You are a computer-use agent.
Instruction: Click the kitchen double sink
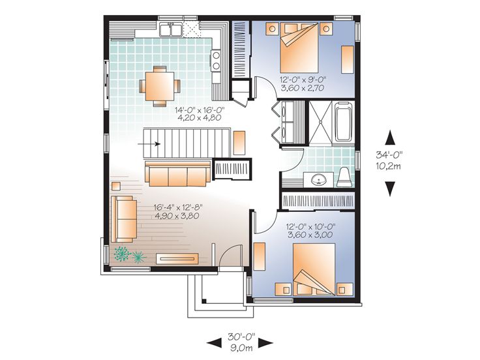170,29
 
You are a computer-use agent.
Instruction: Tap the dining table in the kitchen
160,86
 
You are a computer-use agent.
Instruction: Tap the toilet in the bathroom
344,177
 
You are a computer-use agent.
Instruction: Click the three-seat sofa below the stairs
177,173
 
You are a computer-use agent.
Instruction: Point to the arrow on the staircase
149,143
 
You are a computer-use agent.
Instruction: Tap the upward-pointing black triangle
390,137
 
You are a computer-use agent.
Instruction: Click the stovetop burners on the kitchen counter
216,60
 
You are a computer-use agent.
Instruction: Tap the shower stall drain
320,122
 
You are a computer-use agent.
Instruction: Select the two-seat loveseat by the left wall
124,219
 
